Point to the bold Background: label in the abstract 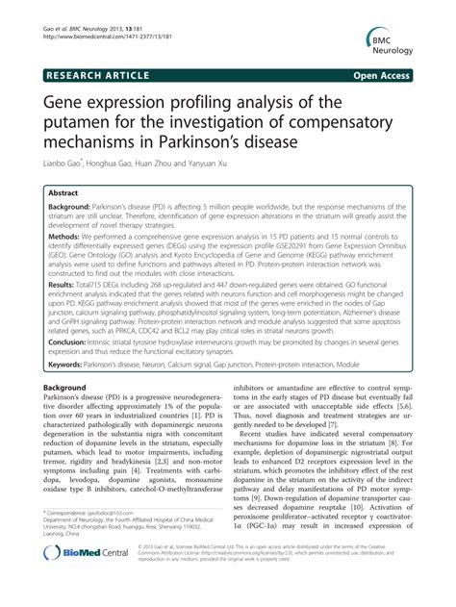pyautogui.click(x=75, y=208)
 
